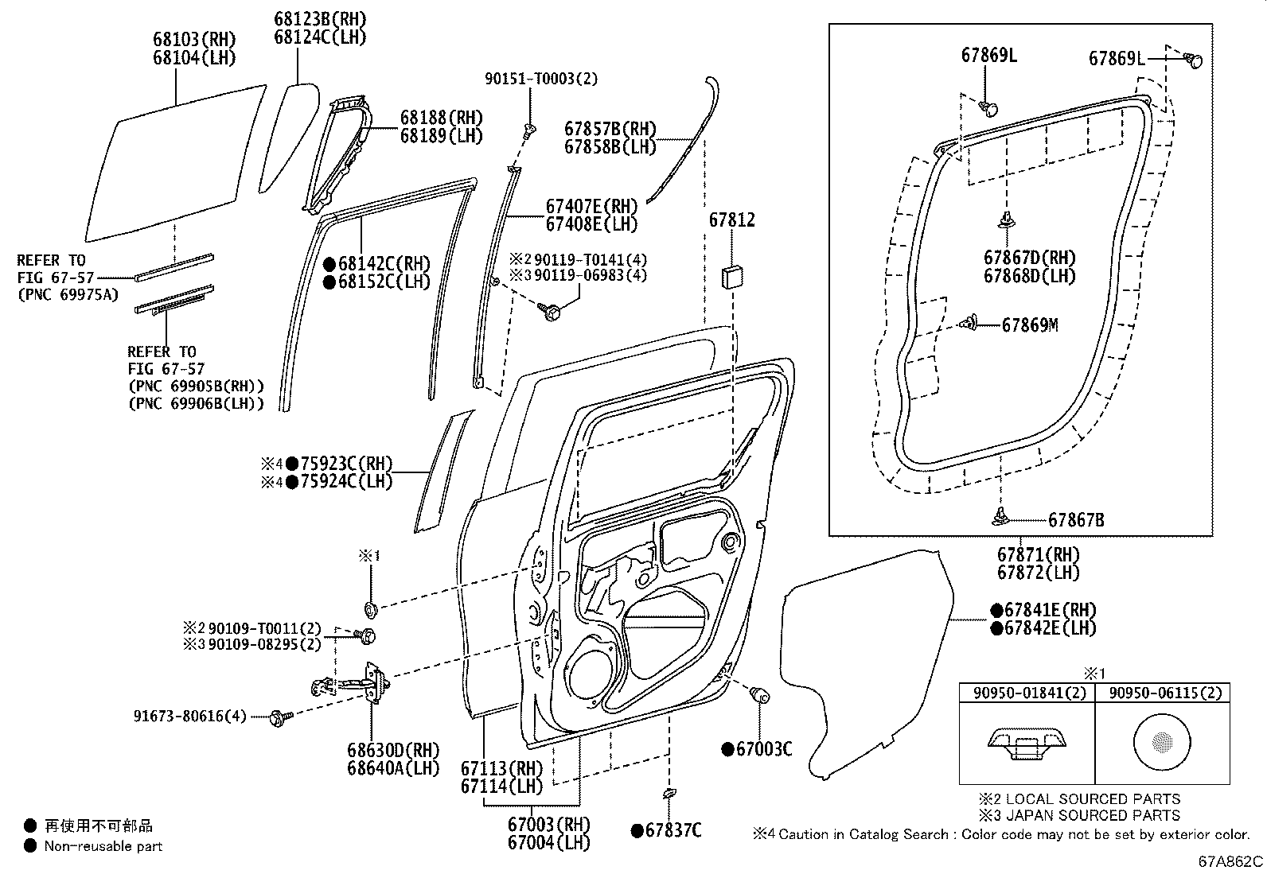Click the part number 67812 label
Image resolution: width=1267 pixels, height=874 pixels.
click(x=731, y=220)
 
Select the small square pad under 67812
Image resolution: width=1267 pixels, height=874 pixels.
click(x=731, y=278)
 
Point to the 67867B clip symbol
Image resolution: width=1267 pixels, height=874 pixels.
click(x=1000, y=518)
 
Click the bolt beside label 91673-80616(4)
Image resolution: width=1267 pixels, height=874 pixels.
click(x=279, y=717)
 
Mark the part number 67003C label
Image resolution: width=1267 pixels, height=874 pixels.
click(x=762, y=749)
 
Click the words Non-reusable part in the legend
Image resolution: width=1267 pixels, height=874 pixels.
click(x=103, y=846)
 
